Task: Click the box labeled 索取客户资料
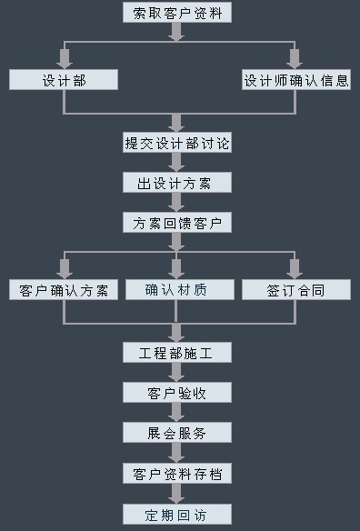pos(177,13)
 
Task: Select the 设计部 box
pos(64,80)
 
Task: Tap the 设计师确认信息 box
pos(295,80)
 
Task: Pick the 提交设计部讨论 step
pos(177,143)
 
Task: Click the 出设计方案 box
pos(177,183)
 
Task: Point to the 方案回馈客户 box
pos(177,223)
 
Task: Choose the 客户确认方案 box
pos(64,290)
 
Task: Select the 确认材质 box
pos(177,290)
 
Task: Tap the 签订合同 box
pos(295,290)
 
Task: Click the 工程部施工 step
pos(177,353)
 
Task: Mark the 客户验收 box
pos(177,393)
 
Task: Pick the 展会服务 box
pos(177,433)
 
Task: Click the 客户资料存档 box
pos(177,474)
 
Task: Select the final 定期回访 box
pos(177,515)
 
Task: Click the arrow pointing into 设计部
pos(64,59)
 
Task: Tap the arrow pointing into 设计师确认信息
pos(294,59)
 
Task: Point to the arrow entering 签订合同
pos(294,269)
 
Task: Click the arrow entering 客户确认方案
pos(64,269)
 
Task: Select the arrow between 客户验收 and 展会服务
pos(177,412)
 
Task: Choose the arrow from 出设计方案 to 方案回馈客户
pos(177,202)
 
